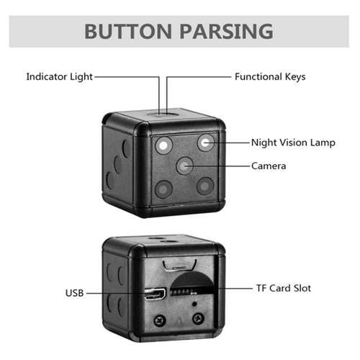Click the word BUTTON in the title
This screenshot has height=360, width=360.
(128, 32)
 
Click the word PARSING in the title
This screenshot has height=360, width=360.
(226, 32)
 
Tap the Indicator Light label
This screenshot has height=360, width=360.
(59, 77)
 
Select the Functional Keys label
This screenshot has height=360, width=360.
(270, 77)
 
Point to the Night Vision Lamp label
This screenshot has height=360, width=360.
(293, 143)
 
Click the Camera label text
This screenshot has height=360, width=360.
(269, 166)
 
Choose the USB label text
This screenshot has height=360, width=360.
(74, 293)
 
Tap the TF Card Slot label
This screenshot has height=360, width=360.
(284, 288)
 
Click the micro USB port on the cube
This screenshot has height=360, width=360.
(156, 293)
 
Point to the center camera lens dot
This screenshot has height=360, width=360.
(184, 166)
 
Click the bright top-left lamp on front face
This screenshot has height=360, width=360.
(163, 145)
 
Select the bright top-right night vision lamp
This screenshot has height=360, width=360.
(205, 143)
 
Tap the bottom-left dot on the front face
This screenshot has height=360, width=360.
(163, 189)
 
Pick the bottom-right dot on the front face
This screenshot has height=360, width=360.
(205, 186)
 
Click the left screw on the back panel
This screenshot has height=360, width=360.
(160, 320)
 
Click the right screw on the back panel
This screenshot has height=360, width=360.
(199, 319)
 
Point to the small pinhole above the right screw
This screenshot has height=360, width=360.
(194, 304)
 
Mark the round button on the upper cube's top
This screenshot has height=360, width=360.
(163, 113)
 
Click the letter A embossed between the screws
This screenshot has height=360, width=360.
(179, 322)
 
